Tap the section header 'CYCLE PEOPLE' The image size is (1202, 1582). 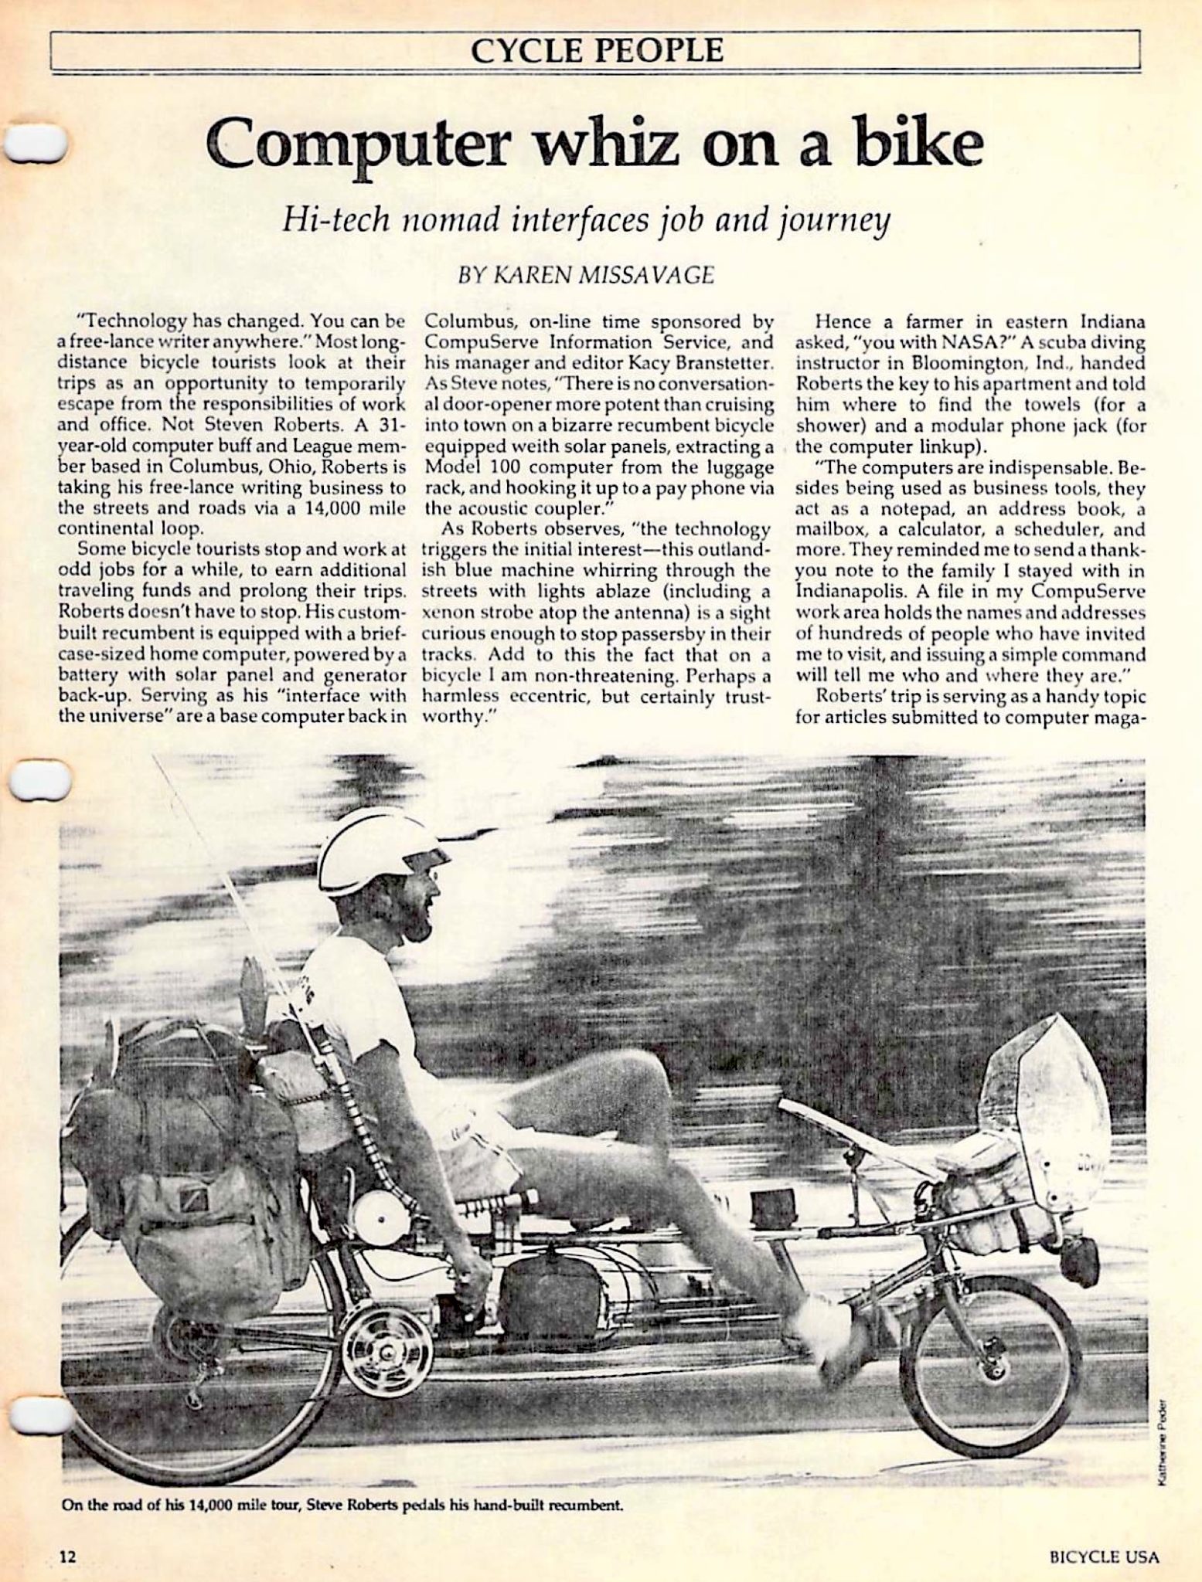(x=597, y=51)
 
